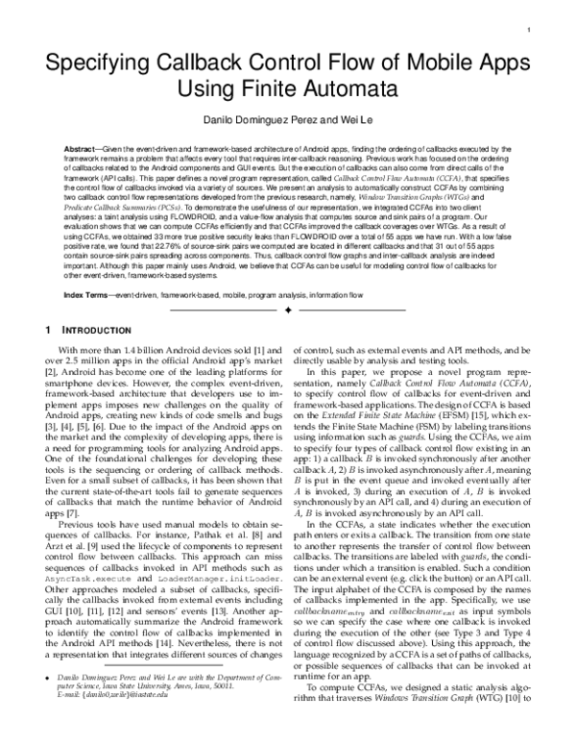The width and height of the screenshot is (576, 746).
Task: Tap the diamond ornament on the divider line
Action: (x=288, y=311)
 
